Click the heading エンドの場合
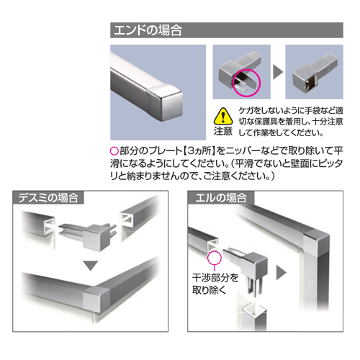click(148, 30)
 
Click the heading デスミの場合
click(48, 198)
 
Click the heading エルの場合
click(221, 198)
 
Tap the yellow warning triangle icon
click(223, 116)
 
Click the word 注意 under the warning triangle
click(223, 131)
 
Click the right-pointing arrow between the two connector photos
click(278, 72)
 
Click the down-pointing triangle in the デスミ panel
click(90, 266)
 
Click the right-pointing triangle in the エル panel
click(282, 272)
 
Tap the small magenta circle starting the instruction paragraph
click(114, 151)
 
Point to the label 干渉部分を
click(215, 278)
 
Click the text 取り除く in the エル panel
click(209, 290)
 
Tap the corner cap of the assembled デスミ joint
click(96, 299)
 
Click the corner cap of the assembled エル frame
click(316, 243)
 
